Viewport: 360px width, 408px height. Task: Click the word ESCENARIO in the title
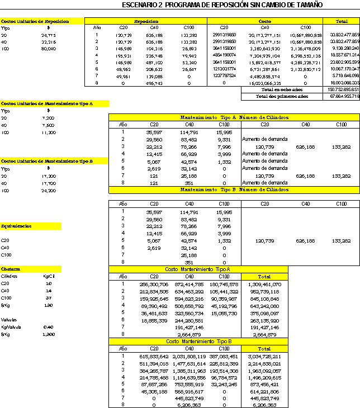pos(141,4)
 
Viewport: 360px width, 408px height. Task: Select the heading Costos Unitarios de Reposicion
pos(36,21)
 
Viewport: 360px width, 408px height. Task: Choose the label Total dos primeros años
pos(282,96)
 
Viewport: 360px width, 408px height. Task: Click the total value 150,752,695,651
pos(342,89)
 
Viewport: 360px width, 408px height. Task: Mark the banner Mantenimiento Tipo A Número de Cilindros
pos(234,117)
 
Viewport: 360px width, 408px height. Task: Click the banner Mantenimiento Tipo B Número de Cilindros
pos(234,189)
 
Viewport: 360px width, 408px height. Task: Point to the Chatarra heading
pos(11,269)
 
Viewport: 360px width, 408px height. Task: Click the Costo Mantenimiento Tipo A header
pos(198,269)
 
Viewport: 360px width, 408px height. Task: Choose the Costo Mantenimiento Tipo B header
pos(198,341)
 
